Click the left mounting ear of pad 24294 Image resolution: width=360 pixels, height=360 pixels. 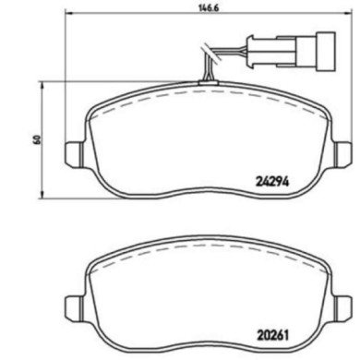[71, 153]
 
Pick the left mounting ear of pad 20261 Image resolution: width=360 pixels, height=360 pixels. [71, 305]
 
